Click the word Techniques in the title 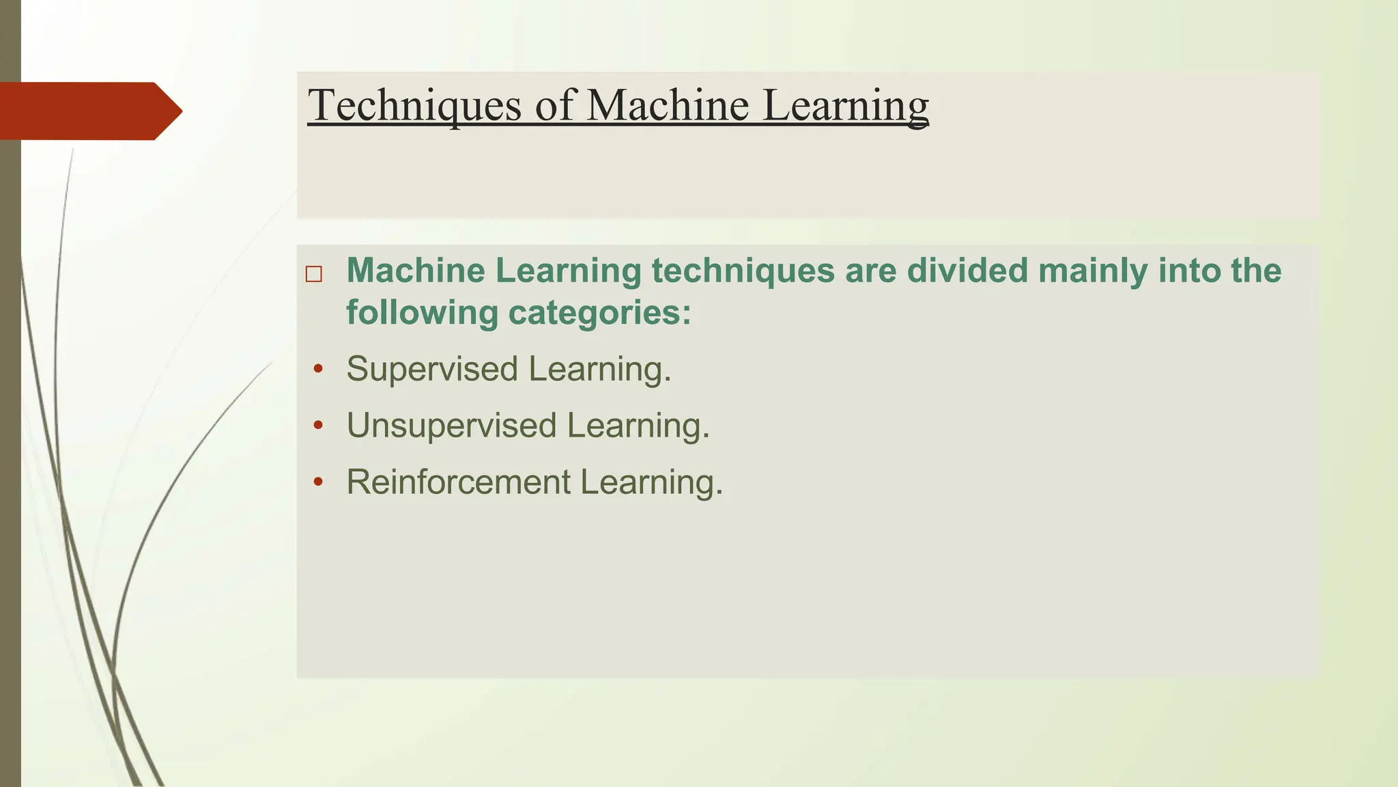click(414, 106)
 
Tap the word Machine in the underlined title click(668, 106)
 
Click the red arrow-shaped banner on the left click(89, 111)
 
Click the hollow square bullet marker click(314, 274)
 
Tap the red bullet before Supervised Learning click(317, 370)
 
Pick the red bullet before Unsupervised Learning click(317, 426)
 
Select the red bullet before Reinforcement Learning click(317, 482)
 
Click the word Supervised click(432, 370)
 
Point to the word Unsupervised click(451, 426)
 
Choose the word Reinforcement click(458, 482)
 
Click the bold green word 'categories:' click(599, 313)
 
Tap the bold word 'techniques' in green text click(743, 271)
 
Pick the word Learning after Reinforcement click(651, 482)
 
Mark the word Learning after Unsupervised click(638, 426)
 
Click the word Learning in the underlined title click(845, 106)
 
